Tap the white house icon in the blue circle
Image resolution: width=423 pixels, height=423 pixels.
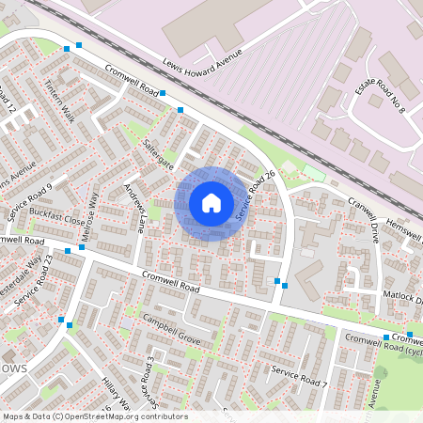coord(211,203)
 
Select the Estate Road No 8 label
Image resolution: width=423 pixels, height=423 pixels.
coord(388,97)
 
